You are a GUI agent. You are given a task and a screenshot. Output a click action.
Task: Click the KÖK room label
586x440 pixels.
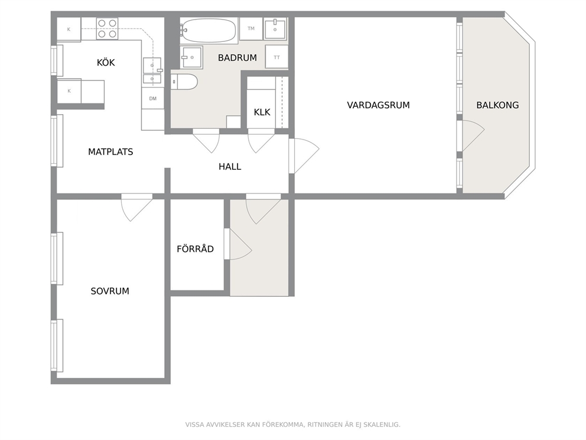click(x=106, y=62)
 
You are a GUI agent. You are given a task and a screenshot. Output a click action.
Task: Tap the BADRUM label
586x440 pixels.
click(x=237, y=57)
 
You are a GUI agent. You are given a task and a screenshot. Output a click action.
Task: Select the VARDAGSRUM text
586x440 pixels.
click(x=378, y=105)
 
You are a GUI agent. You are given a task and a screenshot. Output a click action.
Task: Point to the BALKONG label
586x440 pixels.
click(x=497, y=105)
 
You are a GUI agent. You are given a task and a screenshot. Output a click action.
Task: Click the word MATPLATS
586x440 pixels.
click(x=110, y=151)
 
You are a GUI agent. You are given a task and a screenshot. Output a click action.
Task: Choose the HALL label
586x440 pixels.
click(x=230, y=167)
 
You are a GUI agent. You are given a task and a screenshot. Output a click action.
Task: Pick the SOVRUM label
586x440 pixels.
click(x=110, y=291)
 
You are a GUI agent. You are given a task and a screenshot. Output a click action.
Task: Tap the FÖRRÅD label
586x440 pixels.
click(x=195, y=248)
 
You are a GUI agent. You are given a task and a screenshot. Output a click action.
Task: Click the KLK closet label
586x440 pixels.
click(x=262, y=112)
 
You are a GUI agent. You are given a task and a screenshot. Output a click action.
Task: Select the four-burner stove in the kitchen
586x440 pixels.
click(x=107, y=29)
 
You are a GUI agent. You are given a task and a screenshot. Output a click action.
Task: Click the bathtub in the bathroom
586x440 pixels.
click(x=208, y=30)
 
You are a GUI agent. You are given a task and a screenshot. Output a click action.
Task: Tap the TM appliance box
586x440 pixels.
click(x=251, y=28)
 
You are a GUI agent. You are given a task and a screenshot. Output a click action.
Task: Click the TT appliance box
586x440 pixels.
click(x=276, y=57)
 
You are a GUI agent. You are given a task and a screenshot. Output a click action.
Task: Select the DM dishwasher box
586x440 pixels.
click(x=152, y=98)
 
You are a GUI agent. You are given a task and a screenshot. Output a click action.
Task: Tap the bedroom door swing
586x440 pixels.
click(x=137, y=207)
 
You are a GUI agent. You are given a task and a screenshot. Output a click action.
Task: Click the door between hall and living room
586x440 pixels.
click(x=304, y=156)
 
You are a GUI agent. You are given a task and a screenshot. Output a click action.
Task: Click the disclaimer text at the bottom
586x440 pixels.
click(x=292, y=425)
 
